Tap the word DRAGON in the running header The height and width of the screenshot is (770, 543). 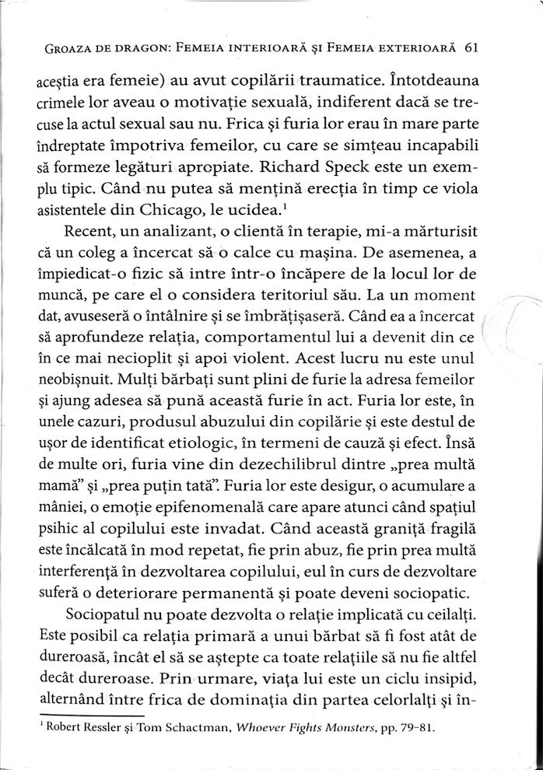tap(128, 49)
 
